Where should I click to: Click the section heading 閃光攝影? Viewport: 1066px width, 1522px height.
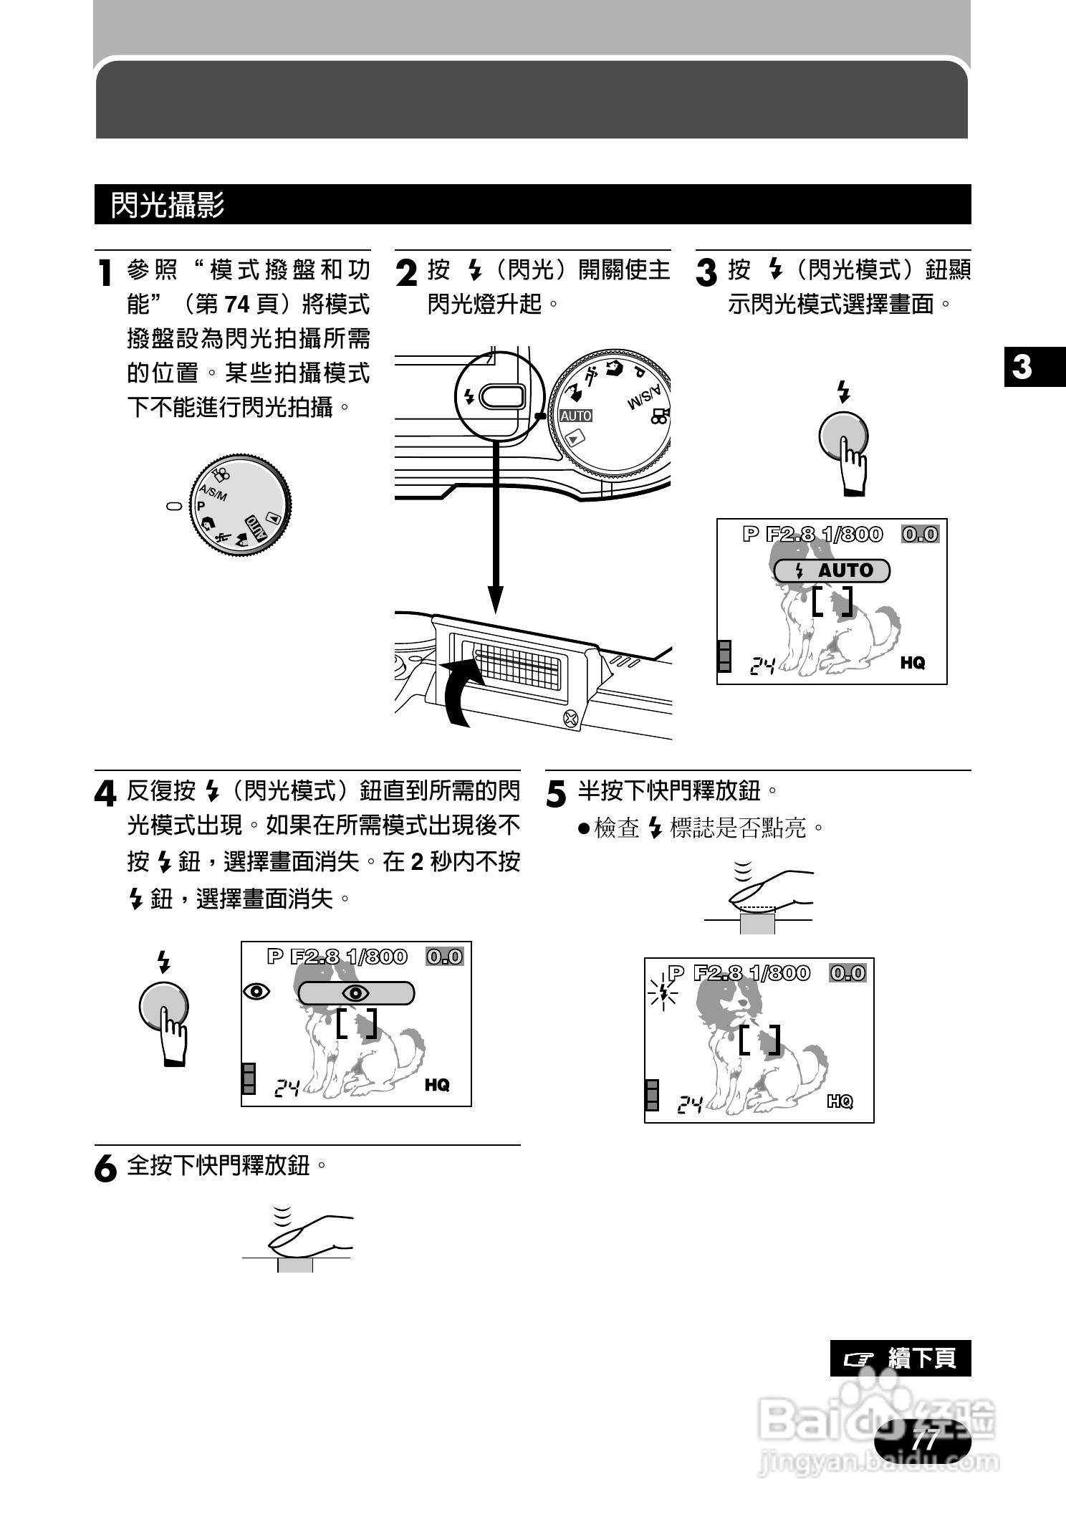[168, 205]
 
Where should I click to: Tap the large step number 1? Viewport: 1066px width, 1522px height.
[105, 273]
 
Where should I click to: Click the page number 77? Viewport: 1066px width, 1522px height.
[925, 1439]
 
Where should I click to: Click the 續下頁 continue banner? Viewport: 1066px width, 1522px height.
[901, 1358]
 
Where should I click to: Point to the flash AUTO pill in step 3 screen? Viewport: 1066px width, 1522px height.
[832, 570]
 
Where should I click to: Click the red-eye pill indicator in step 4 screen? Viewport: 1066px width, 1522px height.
[356, 993]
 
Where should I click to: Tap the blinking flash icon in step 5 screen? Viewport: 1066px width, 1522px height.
[663, 993]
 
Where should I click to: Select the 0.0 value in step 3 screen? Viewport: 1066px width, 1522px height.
[920, 534]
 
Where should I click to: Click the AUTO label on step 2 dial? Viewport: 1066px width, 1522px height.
[576, 416]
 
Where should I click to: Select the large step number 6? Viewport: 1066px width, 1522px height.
[105, 1169]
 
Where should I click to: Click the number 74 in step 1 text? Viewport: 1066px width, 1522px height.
[236, 305]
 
